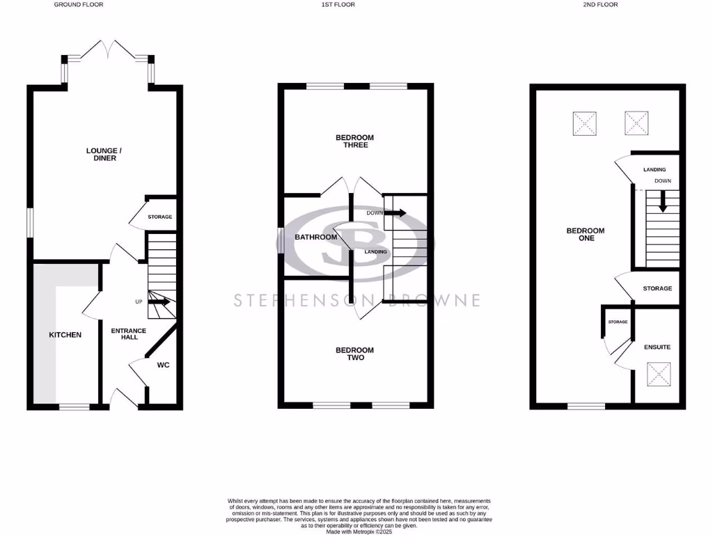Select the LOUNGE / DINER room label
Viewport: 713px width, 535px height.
pyautogui.click(x=101, y=154)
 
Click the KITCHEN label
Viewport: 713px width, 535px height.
pyautogui.click(x=65, y=335)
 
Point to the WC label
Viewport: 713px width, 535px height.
pyautogui.click(x=163, y=364)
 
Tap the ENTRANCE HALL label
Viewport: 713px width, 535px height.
pyautogui.click(x=128, y=334)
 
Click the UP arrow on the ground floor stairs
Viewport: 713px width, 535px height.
pyautogui.click(x=159, y=302)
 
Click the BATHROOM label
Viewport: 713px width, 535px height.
pyautogui.click(x=315, y=237)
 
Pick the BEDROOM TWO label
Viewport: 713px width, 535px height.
pyautogui.click(x=354, y=354)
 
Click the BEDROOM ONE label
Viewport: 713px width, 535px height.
pyautogui.click(x=585, y=234)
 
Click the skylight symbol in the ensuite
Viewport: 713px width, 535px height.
pyautogui.click(x=658, y=373)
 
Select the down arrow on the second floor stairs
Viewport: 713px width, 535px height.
pyautogui.click(x=662, y=203)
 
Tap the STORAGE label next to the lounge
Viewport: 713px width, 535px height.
pyautogui.click(x=159, y=217)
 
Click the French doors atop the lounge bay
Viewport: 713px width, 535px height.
pyautogui.click(x=107, y=50)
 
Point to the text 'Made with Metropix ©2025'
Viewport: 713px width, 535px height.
pyautogui.click(x=359, y=531)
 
